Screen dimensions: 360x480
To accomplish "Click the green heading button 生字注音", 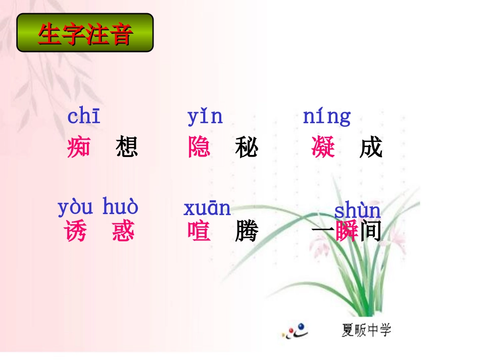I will pyautogui.click(x=85, y=33).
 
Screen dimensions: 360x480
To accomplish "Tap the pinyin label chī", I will pyautogui.click(x=84, y=117).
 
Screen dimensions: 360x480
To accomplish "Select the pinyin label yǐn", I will pyautogui.click(x=205, y=117).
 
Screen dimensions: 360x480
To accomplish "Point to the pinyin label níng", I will pyautogui.click(x=326, y=117).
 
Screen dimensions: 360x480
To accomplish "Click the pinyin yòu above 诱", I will pyautogui.click(x=75, y=208).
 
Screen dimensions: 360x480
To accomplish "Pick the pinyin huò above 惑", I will pyautogui.click(x=120, y=208).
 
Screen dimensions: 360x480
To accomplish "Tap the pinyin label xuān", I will pyautogui.click(x=207, y=208).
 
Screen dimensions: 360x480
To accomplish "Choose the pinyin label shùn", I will pyautogui.click(x=358, y=211).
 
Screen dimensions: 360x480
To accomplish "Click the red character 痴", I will pyautogui.click(x=79, y=147).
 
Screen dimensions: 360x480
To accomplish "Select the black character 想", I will pyautogui.click(x=126, y=147).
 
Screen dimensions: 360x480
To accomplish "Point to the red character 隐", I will pyautogui.click(x=199, y=147).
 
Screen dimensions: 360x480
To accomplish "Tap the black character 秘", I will pyautogui.click(x=247, y=147).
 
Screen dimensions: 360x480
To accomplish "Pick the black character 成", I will pyautogui.click(x=371, y=147).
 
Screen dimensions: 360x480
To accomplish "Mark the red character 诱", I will pyautogui.click(x=75, y=232).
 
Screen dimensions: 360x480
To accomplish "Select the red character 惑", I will pyautogui.click(x=123, y=232).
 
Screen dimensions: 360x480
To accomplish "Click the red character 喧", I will pyautogui.click(x=199, y=232).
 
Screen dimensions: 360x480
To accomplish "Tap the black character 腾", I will pyautogui.click(x=247, y=232).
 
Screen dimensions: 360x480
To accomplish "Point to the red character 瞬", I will pyautogui.click(x=347, y=232).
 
